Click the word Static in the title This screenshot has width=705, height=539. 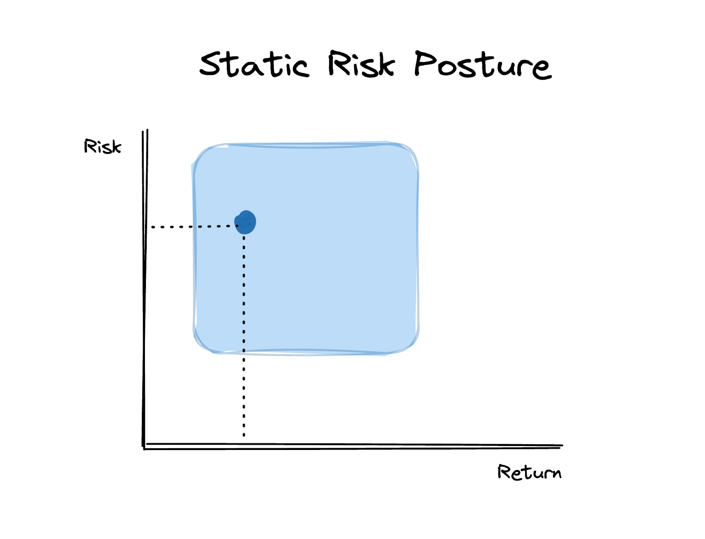point(254,65)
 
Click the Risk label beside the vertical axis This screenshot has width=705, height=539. point(102,147)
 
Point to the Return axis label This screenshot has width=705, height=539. point(529,472)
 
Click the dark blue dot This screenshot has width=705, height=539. point(245,222)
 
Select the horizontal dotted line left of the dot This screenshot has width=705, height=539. point(194,227)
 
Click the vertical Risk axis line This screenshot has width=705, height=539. point(145,286)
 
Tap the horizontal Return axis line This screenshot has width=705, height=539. point(352,446)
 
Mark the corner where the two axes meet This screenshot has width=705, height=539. point(145,447)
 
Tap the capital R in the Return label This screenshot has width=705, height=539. point(504,472)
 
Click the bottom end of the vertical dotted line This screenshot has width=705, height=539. point(244,435)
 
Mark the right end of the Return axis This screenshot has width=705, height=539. point(561,446)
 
